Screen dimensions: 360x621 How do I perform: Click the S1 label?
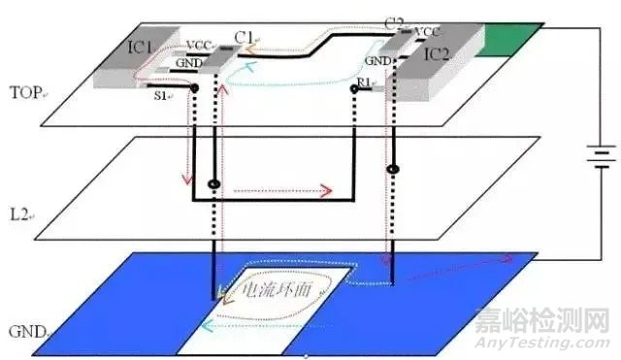[x=160, y=98]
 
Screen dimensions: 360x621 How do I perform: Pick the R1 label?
[x=364, y=86]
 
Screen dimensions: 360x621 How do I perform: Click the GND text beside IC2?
[x=379, y=61]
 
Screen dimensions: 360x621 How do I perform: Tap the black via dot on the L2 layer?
[x=213, y=182]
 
